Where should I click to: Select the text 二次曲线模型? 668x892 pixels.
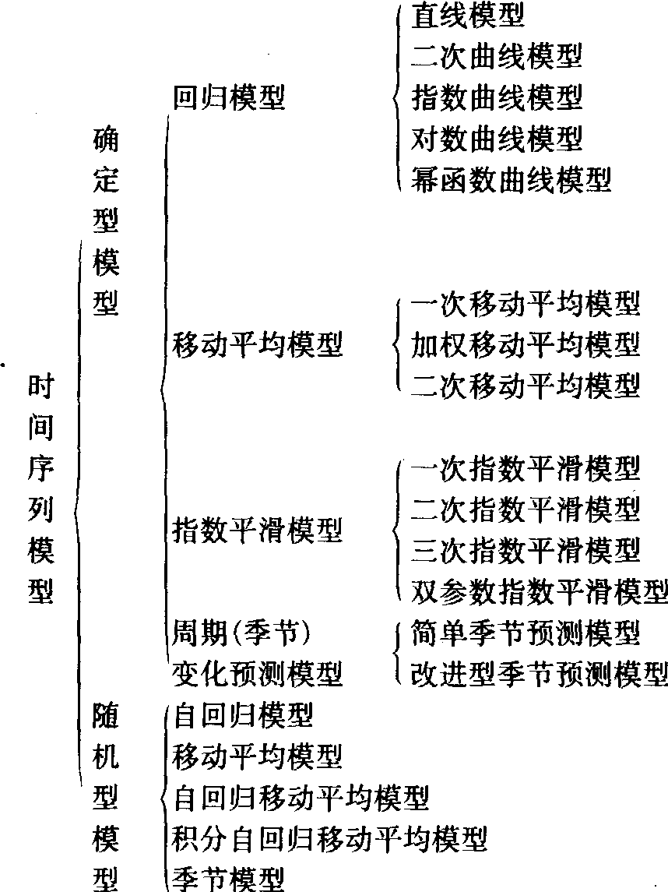[497, 56]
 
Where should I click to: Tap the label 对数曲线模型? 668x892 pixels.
[497, 139]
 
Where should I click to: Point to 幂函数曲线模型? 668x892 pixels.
[511, 180]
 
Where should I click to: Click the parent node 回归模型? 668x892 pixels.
[229, 97]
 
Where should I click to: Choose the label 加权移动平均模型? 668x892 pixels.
[526, 343]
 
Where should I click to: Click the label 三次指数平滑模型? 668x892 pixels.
[526, 549]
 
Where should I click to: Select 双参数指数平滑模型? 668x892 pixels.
[540, 591]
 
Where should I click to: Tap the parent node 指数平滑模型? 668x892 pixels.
[258, 531]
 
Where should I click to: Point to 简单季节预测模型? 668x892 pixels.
[526, 633]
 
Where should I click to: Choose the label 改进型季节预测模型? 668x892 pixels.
[540, 673]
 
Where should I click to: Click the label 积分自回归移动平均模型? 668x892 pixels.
[330, 838]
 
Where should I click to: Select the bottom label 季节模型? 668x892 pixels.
[229, 879]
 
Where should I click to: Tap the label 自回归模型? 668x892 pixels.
[243, 714]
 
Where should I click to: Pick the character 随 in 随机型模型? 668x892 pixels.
[106, 714]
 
